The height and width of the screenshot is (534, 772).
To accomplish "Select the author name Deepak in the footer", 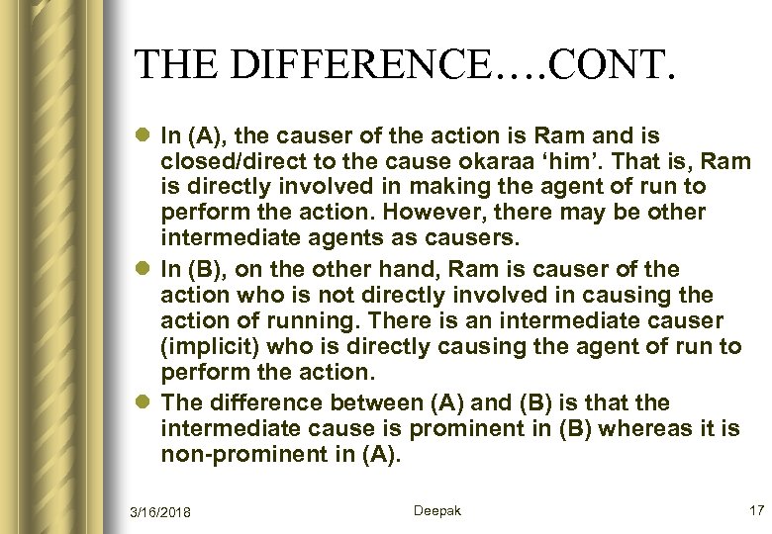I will pos(436,510).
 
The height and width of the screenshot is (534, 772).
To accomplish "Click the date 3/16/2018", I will pos(161,511).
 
